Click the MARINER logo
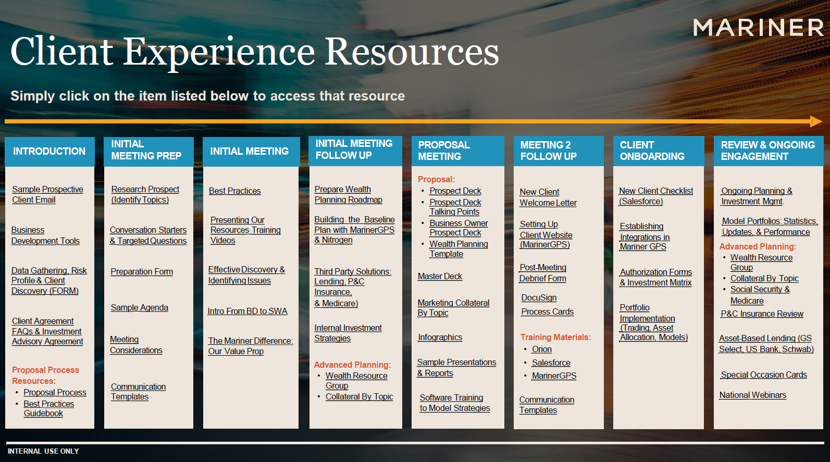(758, 28)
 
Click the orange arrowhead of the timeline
(816, 121)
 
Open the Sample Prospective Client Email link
(47, 194)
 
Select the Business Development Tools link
(45, 235)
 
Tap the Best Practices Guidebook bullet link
(48, 408)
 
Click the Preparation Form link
(142, 271)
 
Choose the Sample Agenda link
(139, 307)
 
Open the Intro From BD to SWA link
(247, 311)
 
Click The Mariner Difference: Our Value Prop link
(251, 346)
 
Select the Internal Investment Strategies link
(348, 333)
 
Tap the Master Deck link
(440, 277)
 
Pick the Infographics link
(440, 337)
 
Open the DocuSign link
(539, 298)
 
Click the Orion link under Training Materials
(542, 349)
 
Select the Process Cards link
(547, 312)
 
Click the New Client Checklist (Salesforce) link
(656, 196)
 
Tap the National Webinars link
(752, 395)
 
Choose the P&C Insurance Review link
(762, 314)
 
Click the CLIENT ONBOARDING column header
(652, 151)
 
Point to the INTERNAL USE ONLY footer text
(43, 451)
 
